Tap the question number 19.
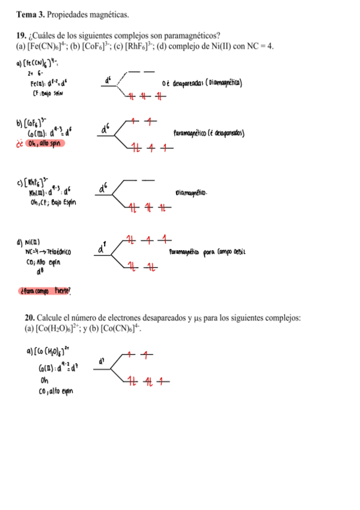(22, 35)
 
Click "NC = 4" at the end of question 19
(260, 46)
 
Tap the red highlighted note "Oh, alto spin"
(45, 143)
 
